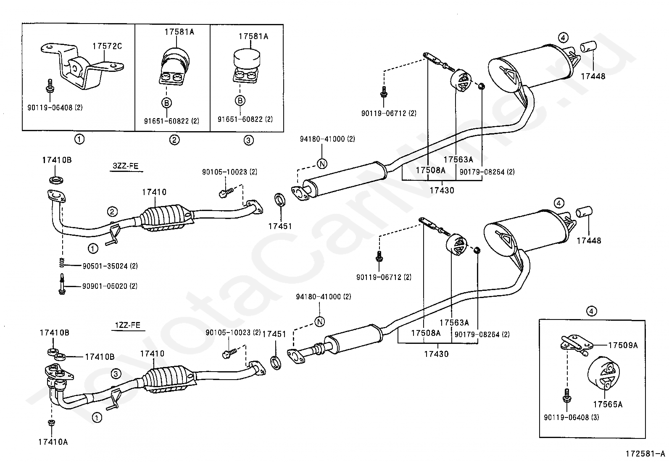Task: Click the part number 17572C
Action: click(x=107, y=46)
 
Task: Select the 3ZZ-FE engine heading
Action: click(x=125, y=166)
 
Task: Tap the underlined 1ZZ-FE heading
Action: click(x=128, y=325)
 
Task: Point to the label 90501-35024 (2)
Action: click(x=110, y=266)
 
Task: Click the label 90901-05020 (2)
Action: click(x=110, y=286)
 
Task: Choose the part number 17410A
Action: click(x=53, y=442)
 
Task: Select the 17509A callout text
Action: click(x=623, y=345)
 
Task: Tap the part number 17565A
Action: click(x=608, y=404)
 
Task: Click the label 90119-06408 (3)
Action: click(x=572, y=417)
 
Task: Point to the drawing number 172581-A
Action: click(x=645, y=454)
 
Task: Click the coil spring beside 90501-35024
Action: click(x=62, y=262)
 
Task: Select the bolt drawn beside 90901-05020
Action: click(x=62, y=284)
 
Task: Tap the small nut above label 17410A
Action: click(x=51, y=422)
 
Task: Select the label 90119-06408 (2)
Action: click(x=55, y=108)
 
